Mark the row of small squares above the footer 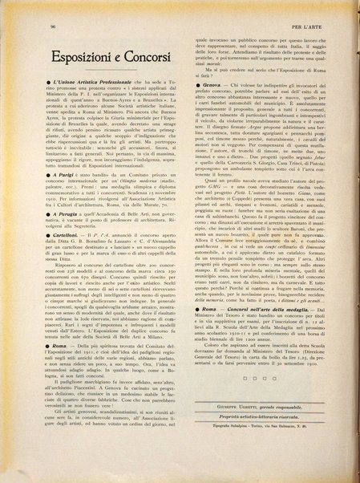coord(262,423)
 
